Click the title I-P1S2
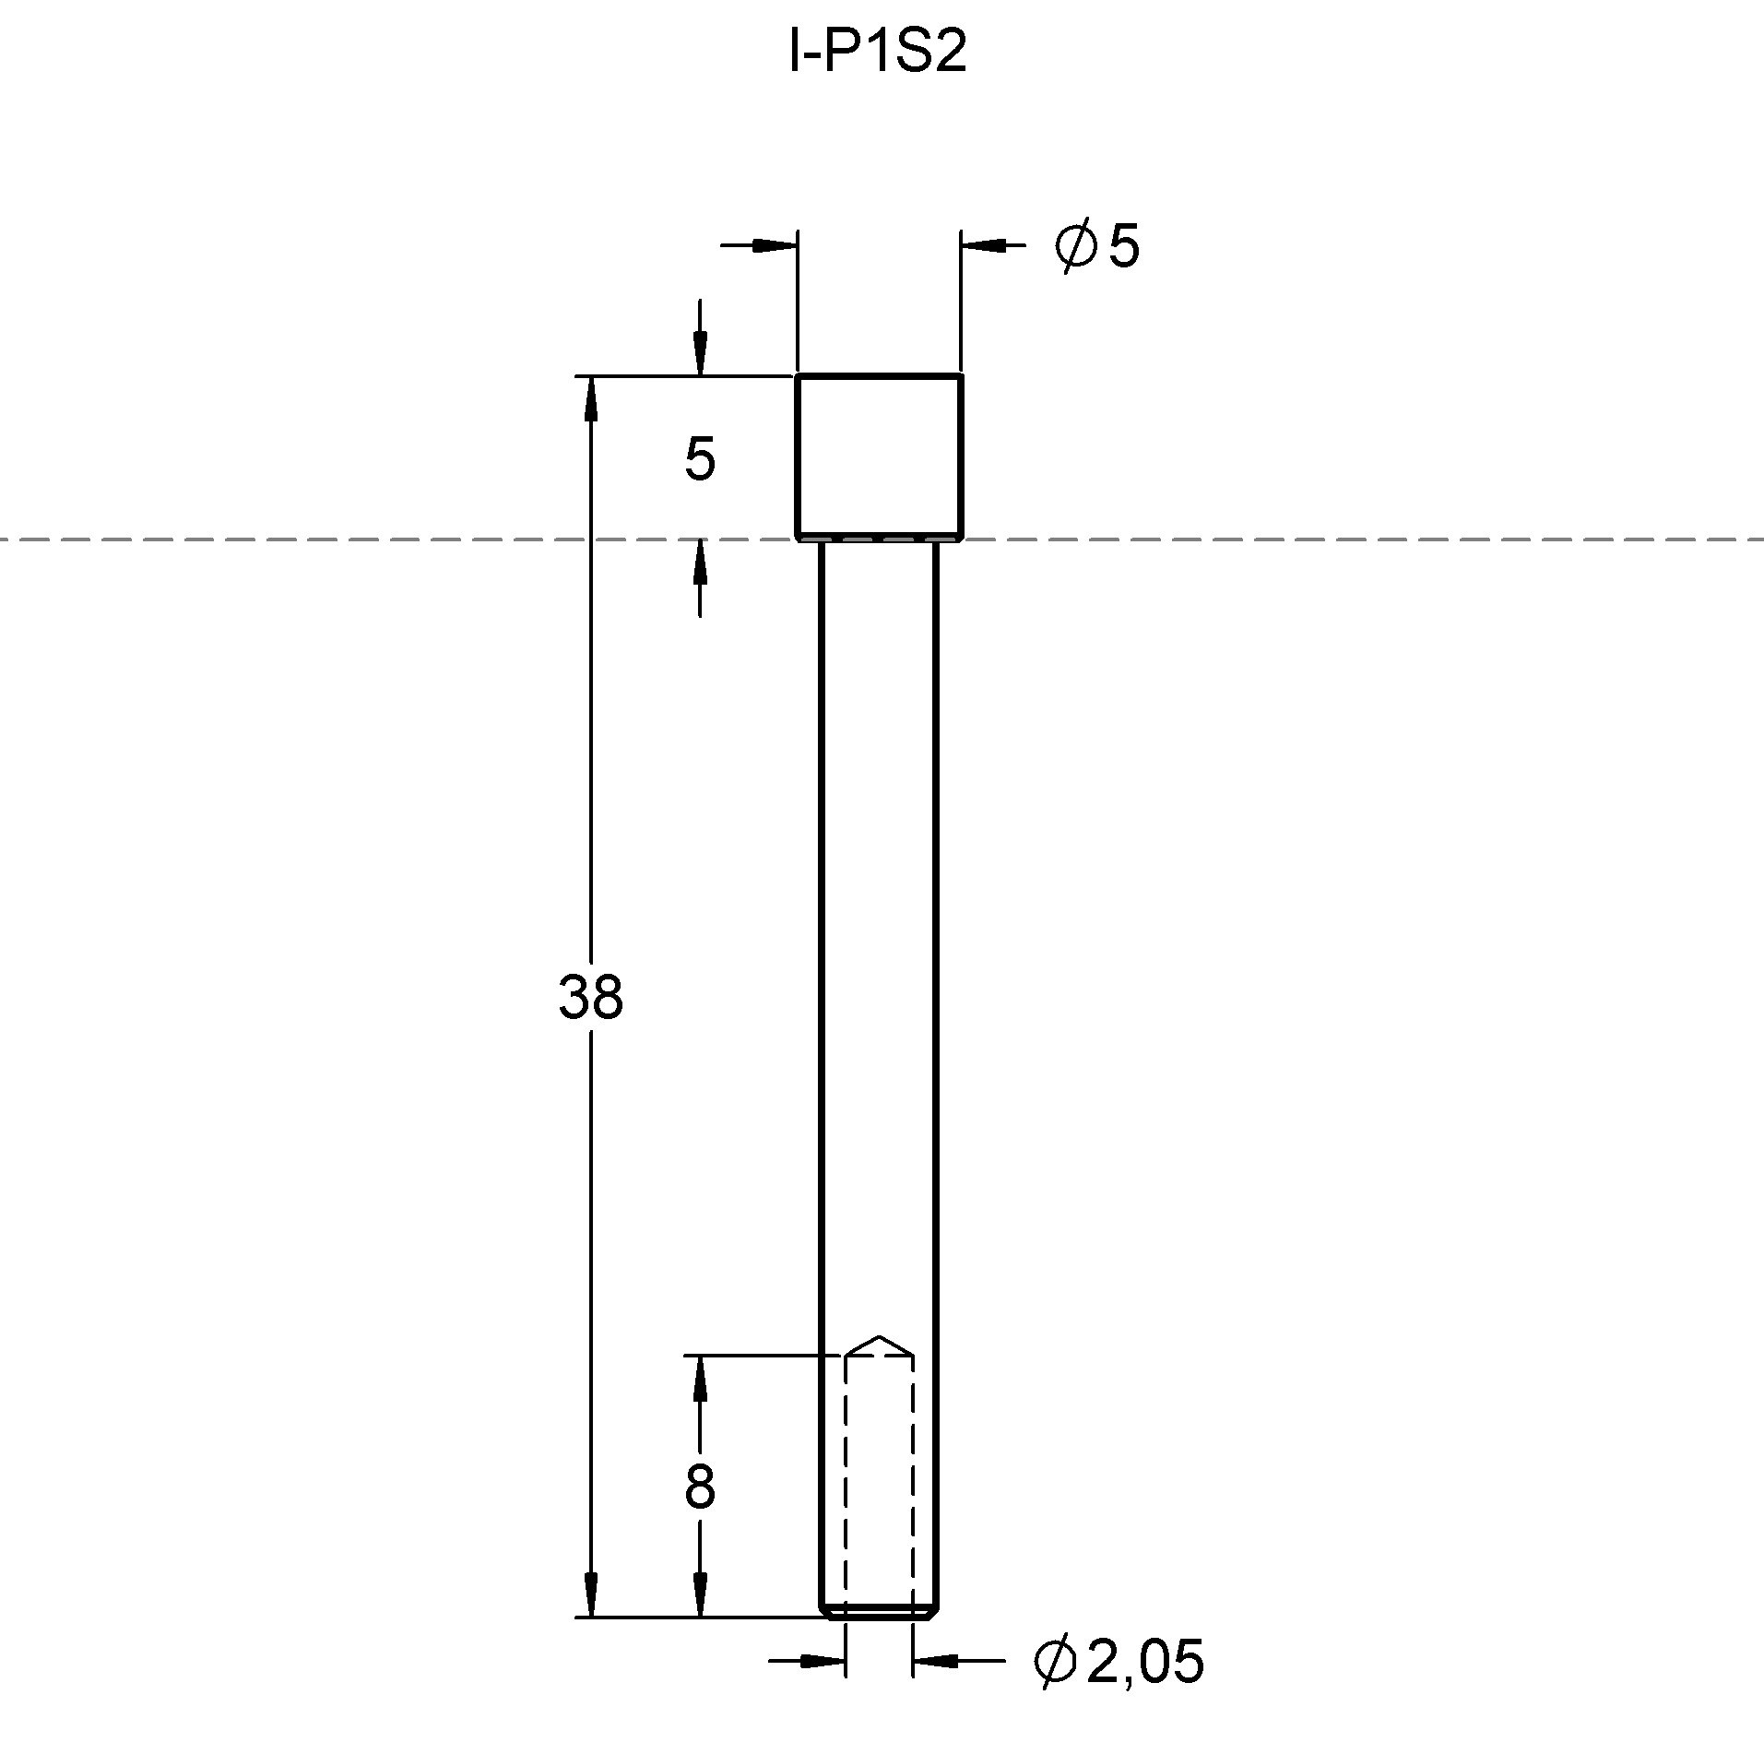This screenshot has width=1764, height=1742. tap(878, 53)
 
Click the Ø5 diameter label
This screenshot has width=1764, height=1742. tap(1096, 245)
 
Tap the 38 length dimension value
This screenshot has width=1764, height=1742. tap(591, 997)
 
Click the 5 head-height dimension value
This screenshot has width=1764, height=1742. tap(700, 459)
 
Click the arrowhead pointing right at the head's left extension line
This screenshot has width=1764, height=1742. tap(775, 245)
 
